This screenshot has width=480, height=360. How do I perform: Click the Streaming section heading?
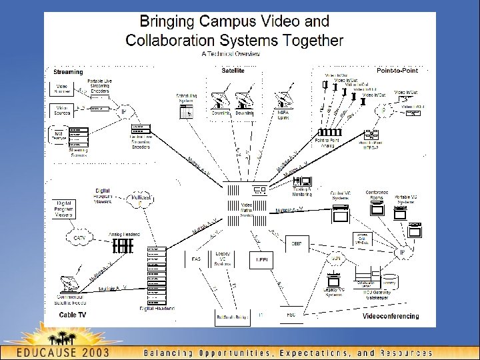click(68, 72)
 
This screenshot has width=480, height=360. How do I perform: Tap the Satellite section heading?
click(233, 69)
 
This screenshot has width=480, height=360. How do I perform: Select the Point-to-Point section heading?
click(397, 70)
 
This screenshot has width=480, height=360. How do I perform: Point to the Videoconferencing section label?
click(391, 316)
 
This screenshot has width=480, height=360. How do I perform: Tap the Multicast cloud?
click(141, 198)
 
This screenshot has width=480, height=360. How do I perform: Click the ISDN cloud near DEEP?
click(337, 259)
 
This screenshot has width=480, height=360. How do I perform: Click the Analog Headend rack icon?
click(123, 246)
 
